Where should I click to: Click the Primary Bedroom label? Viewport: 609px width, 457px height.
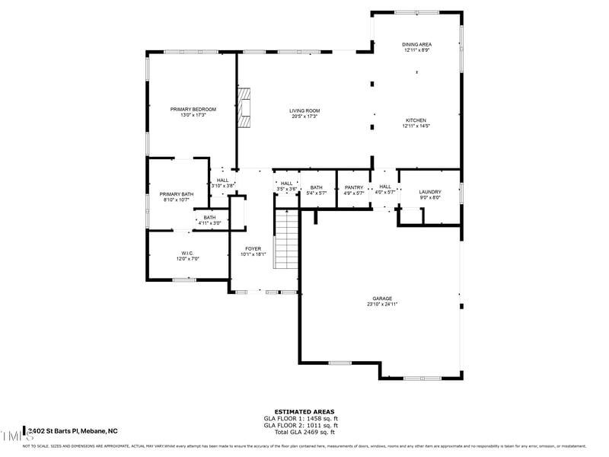coord(193,110)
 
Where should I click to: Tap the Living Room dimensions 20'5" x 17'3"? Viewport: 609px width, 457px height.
coord(304,116)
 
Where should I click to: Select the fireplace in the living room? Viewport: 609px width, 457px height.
coord(244,109)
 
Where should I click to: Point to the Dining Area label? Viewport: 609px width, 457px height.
coord(416,45)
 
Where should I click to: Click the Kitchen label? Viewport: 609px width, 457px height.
coord(416,120)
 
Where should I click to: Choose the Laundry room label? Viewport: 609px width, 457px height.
coord(430,193)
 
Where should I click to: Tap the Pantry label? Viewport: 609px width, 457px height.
coord(354,187)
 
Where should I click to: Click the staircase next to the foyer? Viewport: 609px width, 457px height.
coord(286,240)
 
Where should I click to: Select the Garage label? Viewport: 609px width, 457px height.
coord(382,299)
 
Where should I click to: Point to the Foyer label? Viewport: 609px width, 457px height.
coord(253,249)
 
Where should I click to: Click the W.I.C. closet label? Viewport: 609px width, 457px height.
coord(188,253)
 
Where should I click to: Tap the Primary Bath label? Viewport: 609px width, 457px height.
coord(177,194)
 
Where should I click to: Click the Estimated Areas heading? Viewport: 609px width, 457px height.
coord(304,411)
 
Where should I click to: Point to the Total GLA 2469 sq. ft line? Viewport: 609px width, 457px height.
coord(304,432)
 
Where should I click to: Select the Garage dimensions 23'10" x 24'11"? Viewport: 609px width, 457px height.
coord(382,304)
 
